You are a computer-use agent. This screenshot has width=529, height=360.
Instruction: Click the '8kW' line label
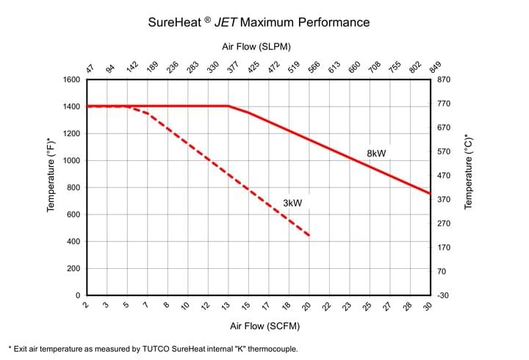point(376,154)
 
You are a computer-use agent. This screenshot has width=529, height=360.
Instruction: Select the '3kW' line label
point(292,202)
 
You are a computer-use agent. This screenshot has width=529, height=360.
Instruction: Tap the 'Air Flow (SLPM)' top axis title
point(257,46)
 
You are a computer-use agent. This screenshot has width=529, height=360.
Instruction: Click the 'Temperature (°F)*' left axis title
point(51,174)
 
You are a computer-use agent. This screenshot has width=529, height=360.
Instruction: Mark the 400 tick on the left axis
point(72,242)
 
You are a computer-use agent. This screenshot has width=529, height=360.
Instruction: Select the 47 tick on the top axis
point(90,68)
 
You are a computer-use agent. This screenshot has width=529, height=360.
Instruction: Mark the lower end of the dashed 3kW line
point(309,236)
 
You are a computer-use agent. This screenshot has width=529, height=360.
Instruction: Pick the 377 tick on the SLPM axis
point(231,68)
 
